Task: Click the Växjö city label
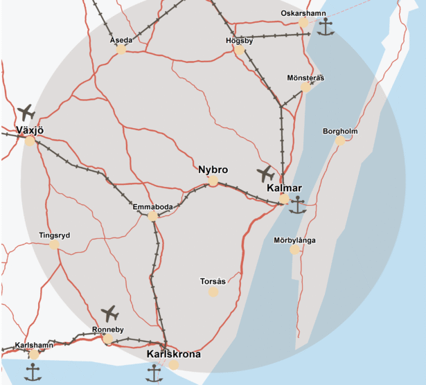[x=30, y=129]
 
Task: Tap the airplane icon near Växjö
[x=26, y=112]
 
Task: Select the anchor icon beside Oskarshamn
[x=326, y=28]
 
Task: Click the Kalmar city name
[x=284, y=188]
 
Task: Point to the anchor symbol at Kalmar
[x=298, y=205]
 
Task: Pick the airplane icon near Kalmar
[x=265, y=173]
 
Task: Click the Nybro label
[x=213, y=170]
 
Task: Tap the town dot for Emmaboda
[x=152, y=217]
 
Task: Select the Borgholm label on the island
[x=339, y=132]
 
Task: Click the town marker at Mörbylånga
[x=295, y=249]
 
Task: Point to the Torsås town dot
[x=213, y=292]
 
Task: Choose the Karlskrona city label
[x=174, y=355]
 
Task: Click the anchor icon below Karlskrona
[x=154, y=373]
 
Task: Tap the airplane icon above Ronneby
[x=109, y=313]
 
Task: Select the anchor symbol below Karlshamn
[x=33, y=372]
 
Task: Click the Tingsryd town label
[x=54, y=235]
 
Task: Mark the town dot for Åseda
[x=121, y=50]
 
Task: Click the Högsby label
[x=240, y=40]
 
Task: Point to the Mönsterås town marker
[x=305, y=87]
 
